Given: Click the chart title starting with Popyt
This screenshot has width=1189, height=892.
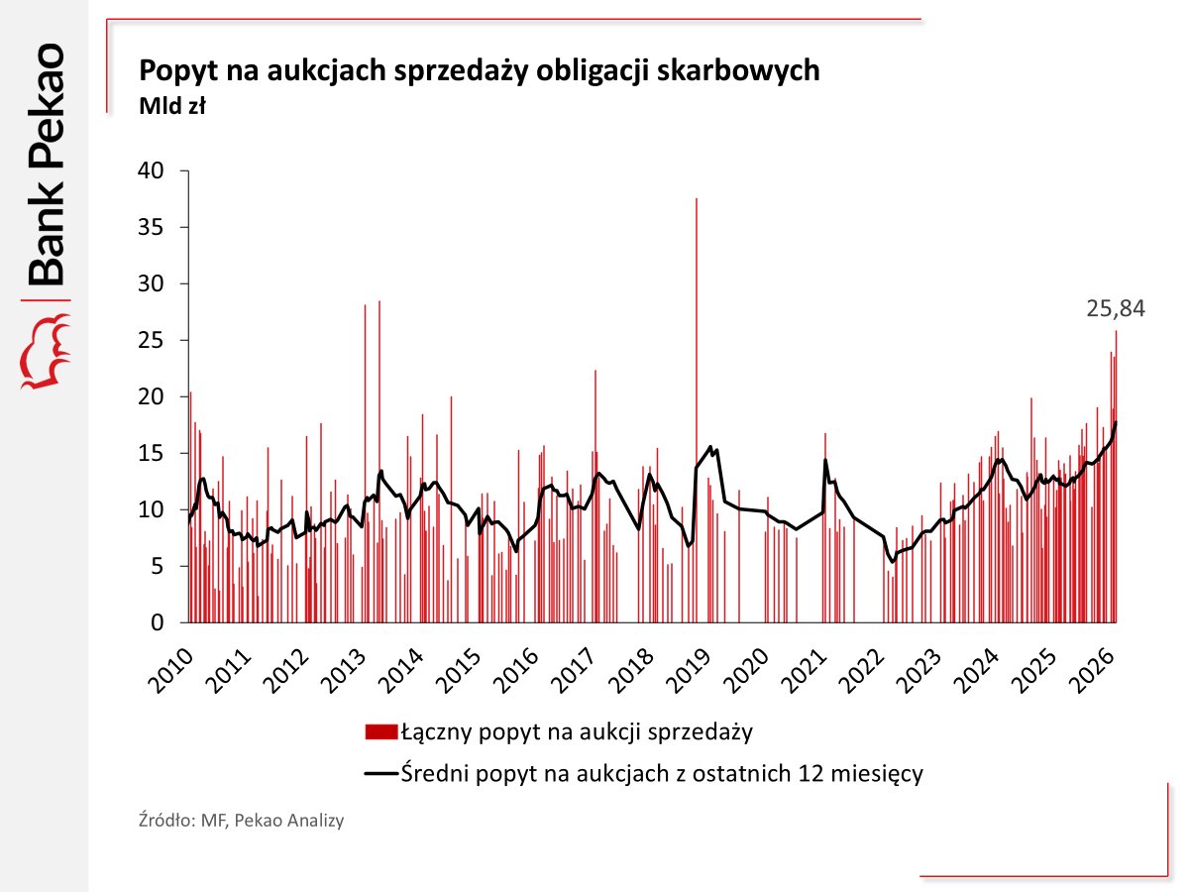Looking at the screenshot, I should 480,71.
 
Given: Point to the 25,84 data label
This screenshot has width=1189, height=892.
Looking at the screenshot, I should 1115,309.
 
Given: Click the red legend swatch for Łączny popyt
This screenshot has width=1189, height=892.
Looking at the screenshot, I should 381,733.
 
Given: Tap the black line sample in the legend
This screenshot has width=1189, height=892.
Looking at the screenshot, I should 381,774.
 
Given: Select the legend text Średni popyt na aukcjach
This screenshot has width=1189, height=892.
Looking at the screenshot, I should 662,774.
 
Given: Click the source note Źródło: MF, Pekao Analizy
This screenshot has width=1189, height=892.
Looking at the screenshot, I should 241,822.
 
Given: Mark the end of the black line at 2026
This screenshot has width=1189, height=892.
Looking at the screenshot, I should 1116,423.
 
